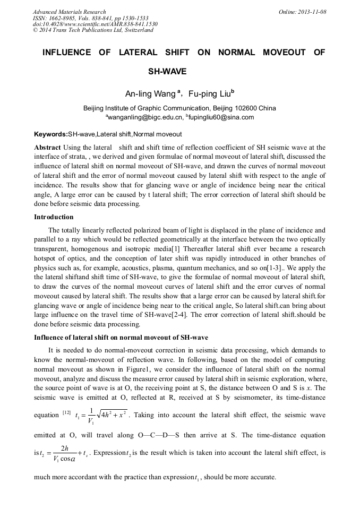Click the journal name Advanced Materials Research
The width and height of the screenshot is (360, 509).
click(x=69, y=12)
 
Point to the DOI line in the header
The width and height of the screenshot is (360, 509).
click(x=95, y=24)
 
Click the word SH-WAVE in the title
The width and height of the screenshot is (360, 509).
click(x=167, y=71)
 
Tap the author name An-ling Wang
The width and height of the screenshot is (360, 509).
click(x=150, y=94)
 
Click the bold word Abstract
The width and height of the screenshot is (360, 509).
click(x=47, y=147)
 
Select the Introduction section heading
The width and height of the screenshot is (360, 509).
click(x=54, y=217)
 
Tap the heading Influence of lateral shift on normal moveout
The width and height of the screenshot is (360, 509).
click(x=121, y=338)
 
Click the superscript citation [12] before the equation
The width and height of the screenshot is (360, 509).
click(x=67, y=411)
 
